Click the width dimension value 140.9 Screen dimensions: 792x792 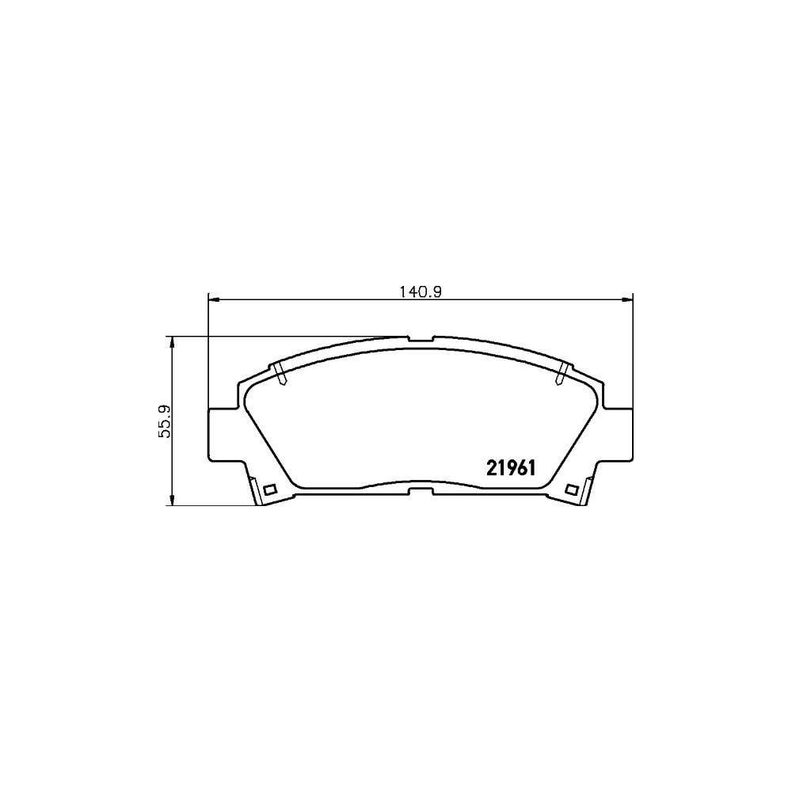[x=421, y=291]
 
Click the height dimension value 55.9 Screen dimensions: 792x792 [x=164, y=420]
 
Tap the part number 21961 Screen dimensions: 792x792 [x=511, y=467]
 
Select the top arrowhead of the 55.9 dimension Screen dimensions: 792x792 [x=172, y=341]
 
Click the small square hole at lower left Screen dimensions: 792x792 [x=268, y=489]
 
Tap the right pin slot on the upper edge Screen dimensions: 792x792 [x=562, y=373]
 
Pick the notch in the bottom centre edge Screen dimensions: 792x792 [x=421, y=492]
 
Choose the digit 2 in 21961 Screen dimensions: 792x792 [x=490, y=467]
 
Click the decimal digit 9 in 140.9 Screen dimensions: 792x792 [x=435, y=291]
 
